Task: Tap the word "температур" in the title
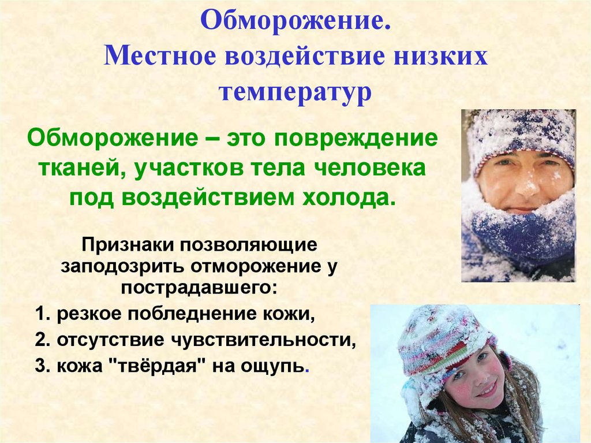click(x=295, y=92)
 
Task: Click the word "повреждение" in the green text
click(x=356, y=139)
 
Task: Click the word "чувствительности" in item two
click(x=263, y=340)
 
